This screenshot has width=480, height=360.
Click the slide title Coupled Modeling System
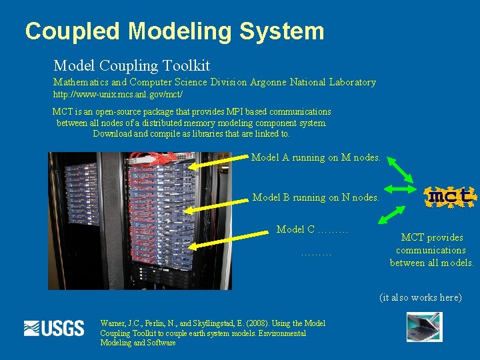tap(175, 31)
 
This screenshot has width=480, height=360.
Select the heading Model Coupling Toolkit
tap(131, 65)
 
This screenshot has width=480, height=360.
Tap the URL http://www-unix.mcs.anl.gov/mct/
tap(118, 95)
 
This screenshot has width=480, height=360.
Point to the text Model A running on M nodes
tap(315, 157)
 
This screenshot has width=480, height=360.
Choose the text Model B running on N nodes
tap(315, 197)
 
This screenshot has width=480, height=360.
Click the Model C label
tap(312, 229)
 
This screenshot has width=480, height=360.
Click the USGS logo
tap(54, 328)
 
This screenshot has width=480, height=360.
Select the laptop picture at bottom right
tap(424, 327)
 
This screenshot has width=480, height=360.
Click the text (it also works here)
tap(420, 297)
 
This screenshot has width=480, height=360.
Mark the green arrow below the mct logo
tap(393, 215)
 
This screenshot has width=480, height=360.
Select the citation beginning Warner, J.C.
tap(212, 333)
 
